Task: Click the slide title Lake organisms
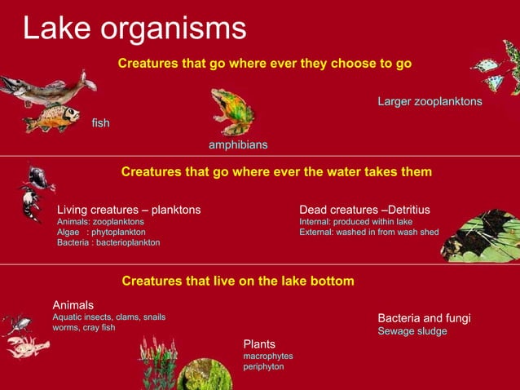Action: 134,28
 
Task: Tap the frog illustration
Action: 232,111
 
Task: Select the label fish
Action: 101,122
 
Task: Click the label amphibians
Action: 238,145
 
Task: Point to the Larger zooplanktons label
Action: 430,102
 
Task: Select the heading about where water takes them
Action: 276,172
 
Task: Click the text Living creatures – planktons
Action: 129,210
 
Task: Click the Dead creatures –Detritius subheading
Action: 364,210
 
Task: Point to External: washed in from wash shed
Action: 369,233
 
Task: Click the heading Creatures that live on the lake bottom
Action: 238,281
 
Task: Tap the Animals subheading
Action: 73,305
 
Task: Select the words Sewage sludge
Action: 412,332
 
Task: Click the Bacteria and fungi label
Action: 424,318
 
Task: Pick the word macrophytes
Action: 268,357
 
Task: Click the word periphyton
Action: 263,367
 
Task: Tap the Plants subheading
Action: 259,344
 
